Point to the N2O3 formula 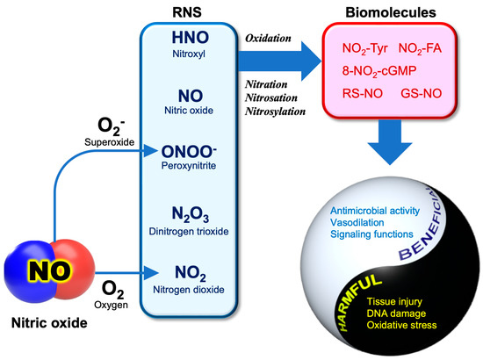(x=189, y=214)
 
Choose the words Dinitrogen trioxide (x=189, y=231)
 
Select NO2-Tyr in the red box (x=357, y=47)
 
